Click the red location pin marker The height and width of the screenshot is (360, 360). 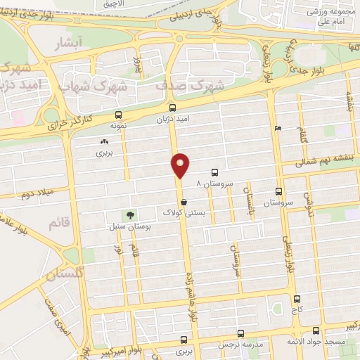[181, 166]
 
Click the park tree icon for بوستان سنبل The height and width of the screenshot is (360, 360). [129, 214]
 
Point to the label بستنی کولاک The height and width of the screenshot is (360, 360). [182, 212]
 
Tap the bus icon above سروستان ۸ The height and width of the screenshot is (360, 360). [214, 172]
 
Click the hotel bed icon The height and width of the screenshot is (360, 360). [278, 129]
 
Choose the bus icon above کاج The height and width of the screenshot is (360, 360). [297, 299]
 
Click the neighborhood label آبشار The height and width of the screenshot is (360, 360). [68, 44]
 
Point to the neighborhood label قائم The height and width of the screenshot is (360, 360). [59, 223]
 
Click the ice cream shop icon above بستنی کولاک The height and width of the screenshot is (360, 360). [184, 202]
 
